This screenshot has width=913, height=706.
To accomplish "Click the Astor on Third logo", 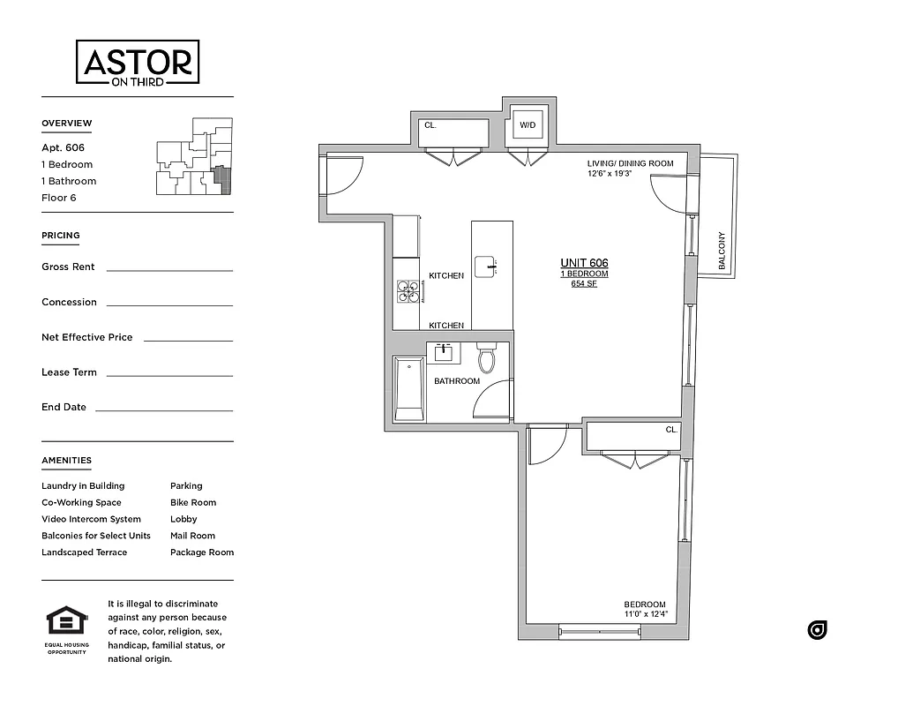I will point(138,63).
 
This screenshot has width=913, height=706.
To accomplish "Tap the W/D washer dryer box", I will point(528,125).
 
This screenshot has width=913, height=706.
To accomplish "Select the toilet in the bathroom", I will point(486,358).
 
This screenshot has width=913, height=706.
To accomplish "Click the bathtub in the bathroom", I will point(409,388).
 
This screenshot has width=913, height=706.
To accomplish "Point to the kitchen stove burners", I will point(408,290).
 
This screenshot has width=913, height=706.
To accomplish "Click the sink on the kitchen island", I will point(486,266).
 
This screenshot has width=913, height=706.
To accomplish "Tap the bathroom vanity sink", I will point(443,353).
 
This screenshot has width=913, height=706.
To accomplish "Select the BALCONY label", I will point(722,251).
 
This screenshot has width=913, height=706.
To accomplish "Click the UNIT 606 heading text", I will point(584,263).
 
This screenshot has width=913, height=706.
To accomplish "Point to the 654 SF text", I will point(584,284).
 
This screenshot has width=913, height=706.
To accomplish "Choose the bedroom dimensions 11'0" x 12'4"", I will point(646,614).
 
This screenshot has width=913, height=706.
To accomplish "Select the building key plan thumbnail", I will point(195,156).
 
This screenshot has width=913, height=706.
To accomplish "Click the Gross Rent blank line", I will point(169,269).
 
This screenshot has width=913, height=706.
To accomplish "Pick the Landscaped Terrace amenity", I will point(84,552).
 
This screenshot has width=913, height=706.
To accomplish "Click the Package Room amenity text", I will point(202,552).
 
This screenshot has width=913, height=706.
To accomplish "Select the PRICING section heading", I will point(61,236).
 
